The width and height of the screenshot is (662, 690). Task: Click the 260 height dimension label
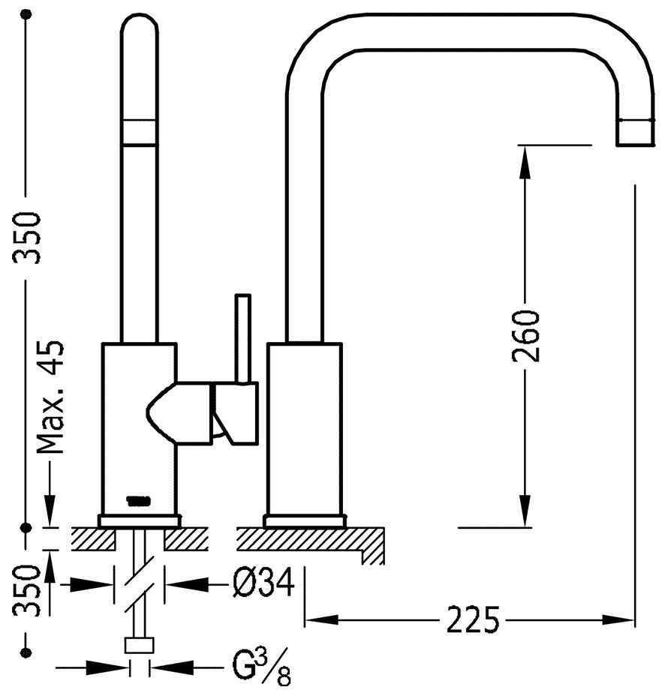point(528,334)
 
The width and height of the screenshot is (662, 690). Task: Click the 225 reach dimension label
point(472,619)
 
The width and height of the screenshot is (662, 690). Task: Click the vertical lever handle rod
point(242,337)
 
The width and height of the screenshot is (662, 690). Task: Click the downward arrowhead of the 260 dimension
point(525,516)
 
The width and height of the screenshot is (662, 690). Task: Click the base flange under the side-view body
point(305,520)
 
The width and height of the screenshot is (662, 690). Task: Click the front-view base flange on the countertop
point(140,520)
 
